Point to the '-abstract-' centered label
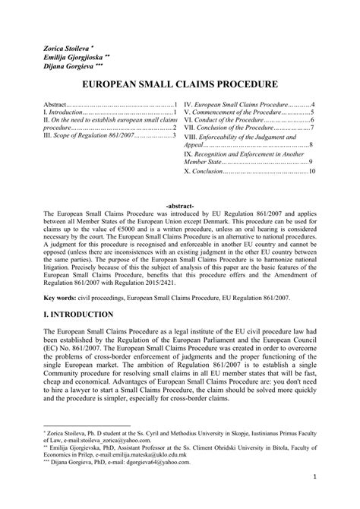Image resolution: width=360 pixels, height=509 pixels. click(179, 206)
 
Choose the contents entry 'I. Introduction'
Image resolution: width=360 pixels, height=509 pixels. click(62, 112)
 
